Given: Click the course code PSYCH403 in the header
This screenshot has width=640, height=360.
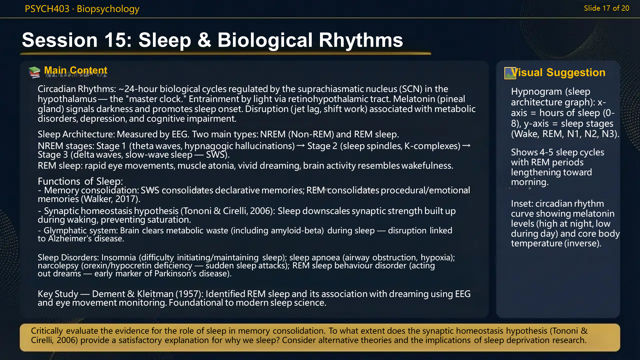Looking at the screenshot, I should (47, 9).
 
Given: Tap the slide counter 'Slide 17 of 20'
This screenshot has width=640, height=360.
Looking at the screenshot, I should (606, 8).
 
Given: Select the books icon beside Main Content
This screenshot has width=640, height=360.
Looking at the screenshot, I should (34, 72).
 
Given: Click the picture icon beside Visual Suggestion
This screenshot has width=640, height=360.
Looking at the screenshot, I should (510, 73).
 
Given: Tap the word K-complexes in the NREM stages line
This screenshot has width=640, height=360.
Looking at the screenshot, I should (432, 146).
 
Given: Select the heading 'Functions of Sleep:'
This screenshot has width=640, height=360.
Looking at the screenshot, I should (80, 181).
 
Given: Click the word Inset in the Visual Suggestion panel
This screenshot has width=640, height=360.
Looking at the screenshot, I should (521, 204).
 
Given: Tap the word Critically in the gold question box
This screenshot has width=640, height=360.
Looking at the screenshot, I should (47, 331).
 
